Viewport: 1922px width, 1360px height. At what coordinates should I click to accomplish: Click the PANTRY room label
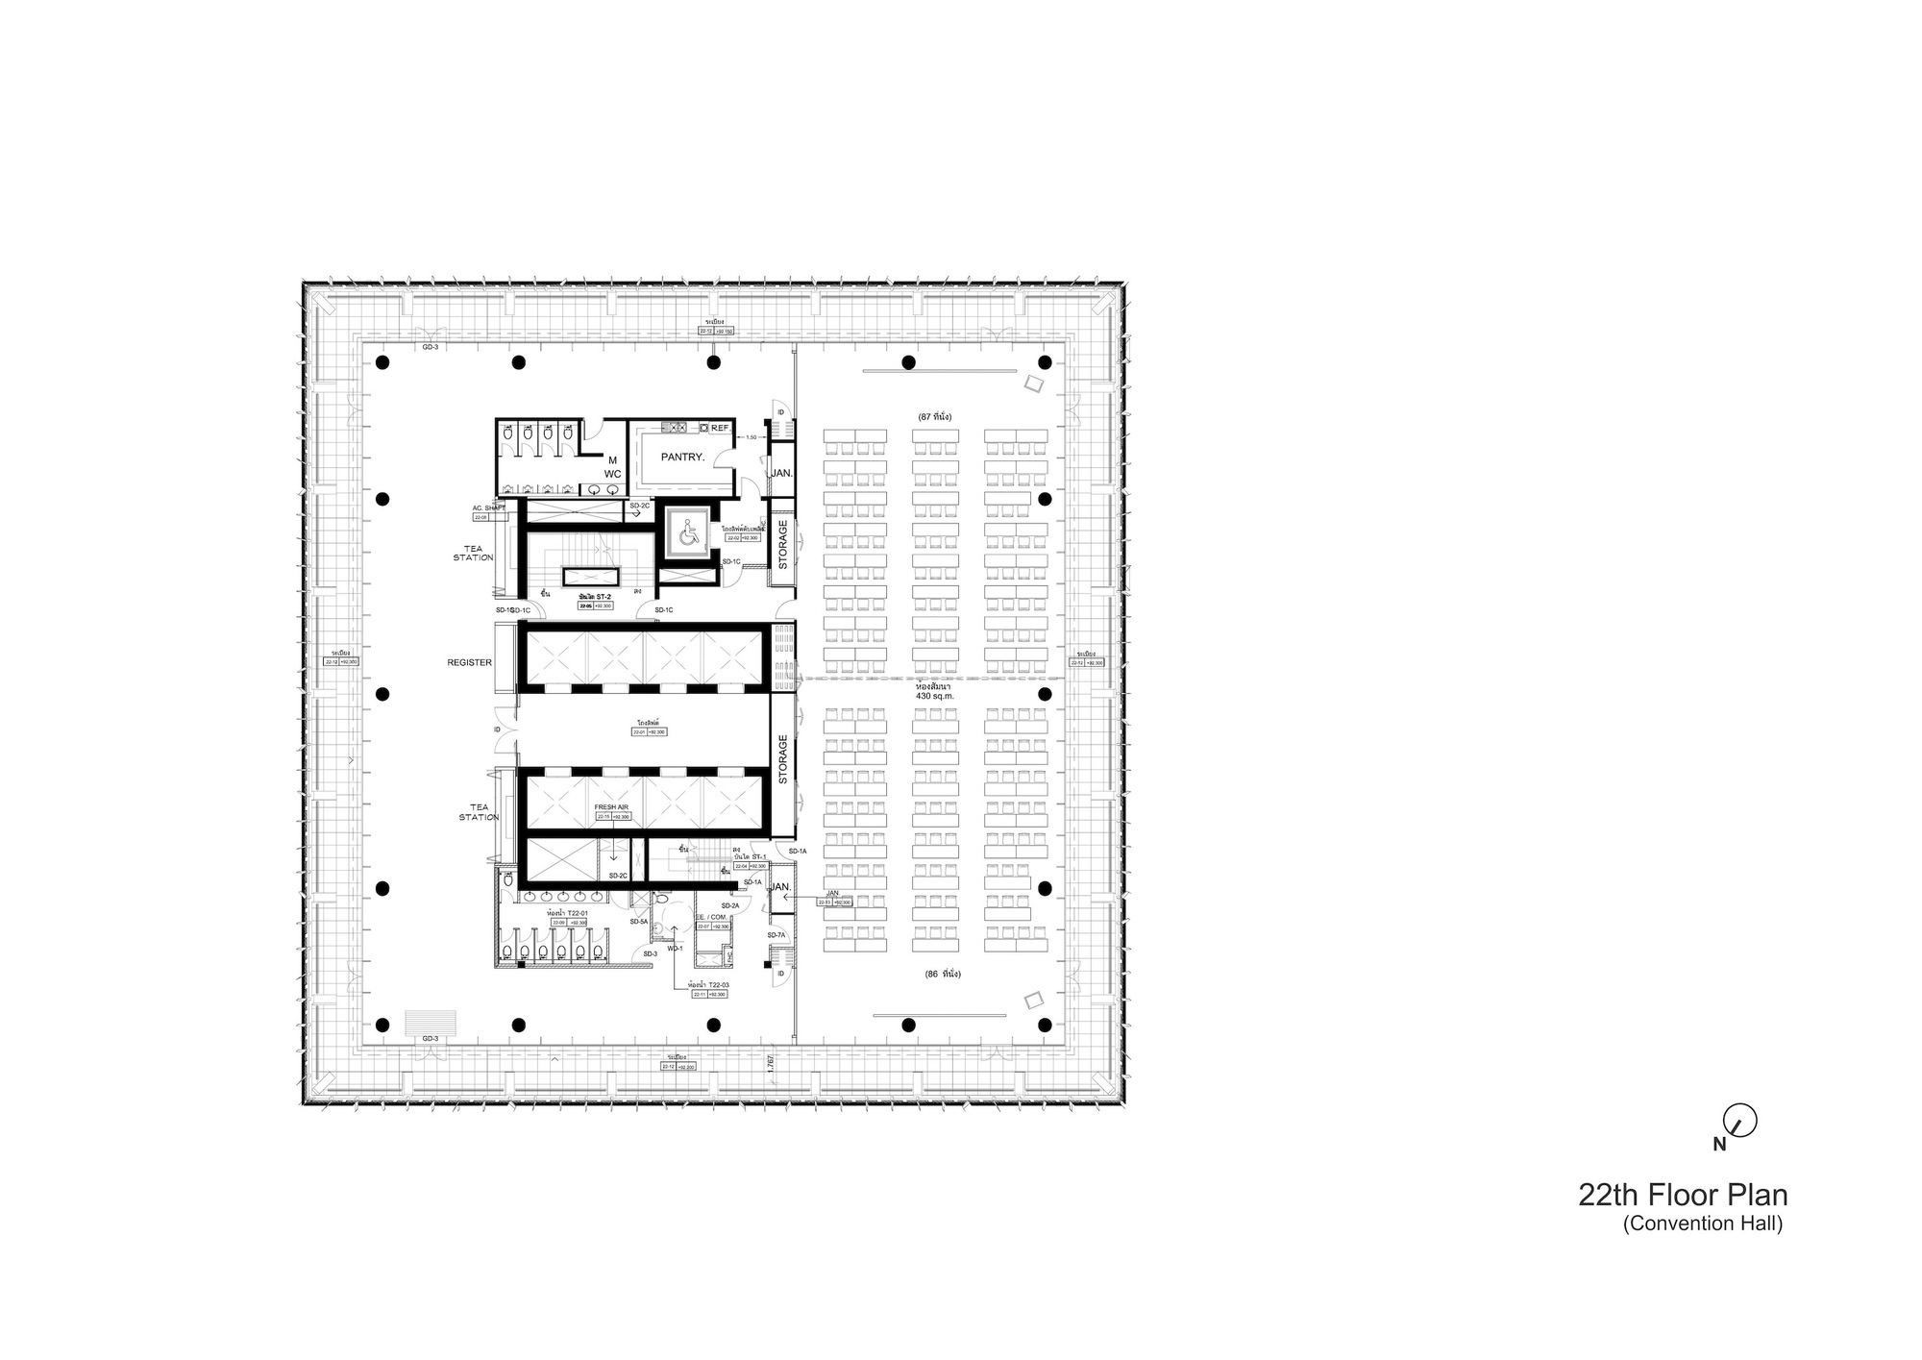tap(682, 457)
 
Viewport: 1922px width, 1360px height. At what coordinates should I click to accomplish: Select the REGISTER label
tap(469, 662)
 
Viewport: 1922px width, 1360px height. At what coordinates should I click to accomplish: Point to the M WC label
tap(612, 467)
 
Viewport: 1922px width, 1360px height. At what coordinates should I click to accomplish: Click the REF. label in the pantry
tap(719, 428)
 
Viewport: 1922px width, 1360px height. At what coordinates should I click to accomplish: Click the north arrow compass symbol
tap(1739, 1120)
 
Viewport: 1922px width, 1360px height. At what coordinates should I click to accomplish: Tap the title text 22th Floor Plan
tap(1682, 1196)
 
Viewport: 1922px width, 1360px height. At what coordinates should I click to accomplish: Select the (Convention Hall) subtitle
tap(1703, 1224)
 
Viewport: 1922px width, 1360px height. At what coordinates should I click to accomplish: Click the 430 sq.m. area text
tap(934, 695)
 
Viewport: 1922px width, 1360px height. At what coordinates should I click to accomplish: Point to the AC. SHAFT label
tap(488, 507)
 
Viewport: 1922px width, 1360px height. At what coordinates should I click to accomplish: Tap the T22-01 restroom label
tap(567, 912)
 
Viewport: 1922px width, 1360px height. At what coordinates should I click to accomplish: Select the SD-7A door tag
tap(776, 935)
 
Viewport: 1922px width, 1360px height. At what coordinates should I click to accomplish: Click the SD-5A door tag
tap(639, 922)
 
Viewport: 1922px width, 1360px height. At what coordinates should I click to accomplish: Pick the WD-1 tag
tap(674, 949)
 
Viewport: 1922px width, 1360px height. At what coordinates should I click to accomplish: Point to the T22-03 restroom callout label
tap(708, 985)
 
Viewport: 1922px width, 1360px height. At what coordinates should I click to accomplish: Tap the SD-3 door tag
tap(650, 953)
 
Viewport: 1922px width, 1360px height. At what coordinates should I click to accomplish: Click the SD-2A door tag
tap(730, 905)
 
